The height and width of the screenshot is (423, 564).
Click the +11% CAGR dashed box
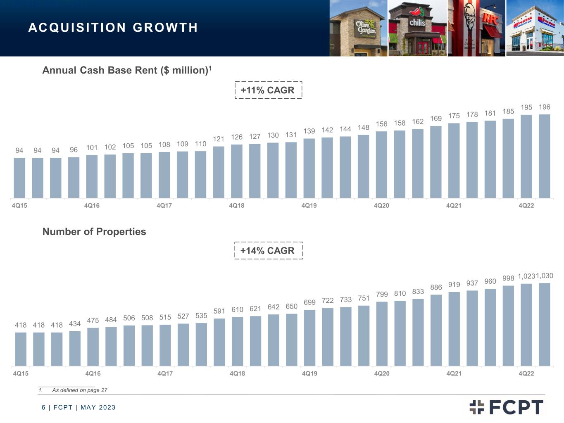(268, 82)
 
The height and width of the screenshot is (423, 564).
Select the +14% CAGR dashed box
(269, 242)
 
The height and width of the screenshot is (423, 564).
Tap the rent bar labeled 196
(544, 156)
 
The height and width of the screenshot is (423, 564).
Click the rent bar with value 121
(219, 172)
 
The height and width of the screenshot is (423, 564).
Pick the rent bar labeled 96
(74, 178)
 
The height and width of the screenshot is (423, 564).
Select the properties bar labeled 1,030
(544, 324)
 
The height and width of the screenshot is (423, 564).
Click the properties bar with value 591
(219, 342)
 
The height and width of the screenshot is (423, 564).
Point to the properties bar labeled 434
(75, 349)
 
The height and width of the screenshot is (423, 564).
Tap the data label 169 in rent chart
(436, 119)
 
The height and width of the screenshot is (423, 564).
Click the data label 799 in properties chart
(382, 294)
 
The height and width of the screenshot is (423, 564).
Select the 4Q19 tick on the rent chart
(309, 205)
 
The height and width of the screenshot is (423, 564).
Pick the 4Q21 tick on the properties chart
(454, 373)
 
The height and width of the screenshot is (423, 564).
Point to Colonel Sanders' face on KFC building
(470, 14)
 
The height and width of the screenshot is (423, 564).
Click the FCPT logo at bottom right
(506, 407)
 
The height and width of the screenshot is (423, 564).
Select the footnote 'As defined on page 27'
(80, 390)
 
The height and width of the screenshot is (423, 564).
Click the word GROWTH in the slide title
(165, 28)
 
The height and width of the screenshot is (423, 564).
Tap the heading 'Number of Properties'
(94, 232)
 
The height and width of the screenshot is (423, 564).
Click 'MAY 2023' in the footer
(98, 408)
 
